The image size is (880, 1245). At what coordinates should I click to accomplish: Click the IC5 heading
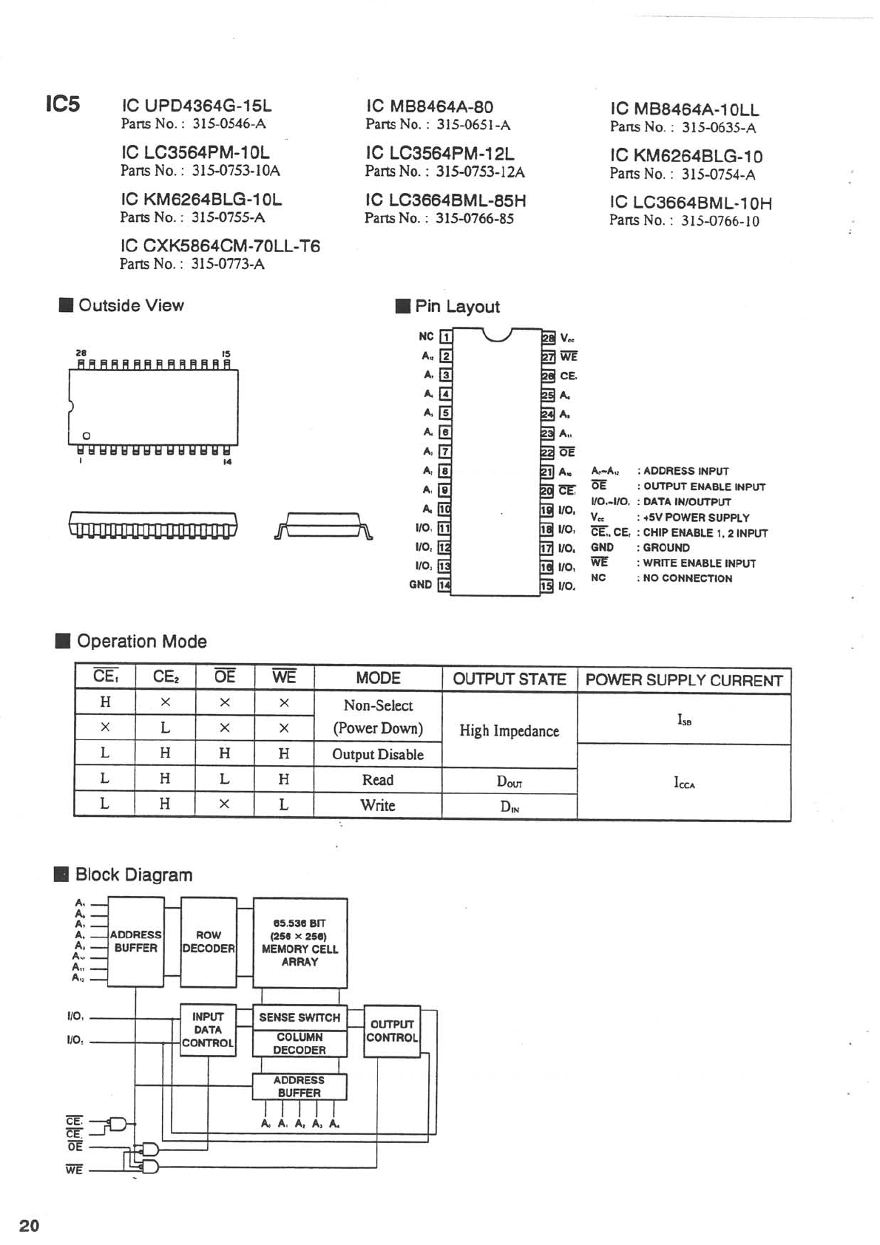[x=62, y=104]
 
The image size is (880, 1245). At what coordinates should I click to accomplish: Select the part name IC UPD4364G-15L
[x=196, y=106]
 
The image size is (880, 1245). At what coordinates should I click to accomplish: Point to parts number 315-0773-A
[x=228, y=264]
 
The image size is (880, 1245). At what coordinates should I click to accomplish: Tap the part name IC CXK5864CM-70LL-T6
[x=220, y=246]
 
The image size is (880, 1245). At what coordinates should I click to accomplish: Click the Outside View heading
[x=131, y=305]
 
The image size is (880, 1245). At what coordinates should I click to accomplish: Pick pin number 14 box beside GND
[x=444, y=585]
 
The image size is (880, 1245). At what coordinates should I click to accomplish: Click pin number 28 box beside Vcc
[x=548, y=338]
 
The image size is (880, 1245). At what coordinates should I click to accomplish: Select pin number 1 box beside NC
[x=446, y=337]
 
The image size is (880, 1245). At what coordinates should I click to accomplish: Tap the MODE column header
[x=378, y=678]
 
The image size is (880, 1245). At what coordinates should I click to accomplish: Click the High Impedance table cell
[x=509, y=730]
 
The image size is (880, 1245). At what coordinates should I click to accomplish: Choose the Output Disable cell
[x=378, y=754]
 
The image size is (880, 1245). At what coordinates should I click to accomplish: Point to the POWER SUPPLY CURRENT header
[x=683, y=680]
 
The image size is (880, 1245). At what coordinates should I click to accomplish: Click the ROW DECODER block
[x=209, y=941]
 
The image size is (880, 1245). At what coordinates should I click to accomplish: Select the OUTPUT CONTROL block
[x=392, y=1031]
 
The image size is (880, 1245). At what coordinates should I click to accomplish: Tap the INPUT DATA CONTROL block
[x=208, y=1029]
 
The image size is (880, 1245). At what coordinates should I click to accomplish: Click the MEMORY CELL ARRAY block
[x=299, y=943]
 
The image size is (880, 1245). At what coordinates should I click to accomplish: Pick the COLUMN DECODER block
[x=299, y=1043]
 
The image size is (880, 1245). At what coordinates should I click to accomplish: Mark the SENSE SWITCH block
[x=299, y=1017]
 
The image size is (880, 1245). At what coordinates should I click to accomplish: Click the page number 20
[x=30, y=1226]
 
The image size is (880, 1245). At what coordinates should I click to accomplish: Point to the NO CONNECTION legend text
[x=687, y=578]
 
